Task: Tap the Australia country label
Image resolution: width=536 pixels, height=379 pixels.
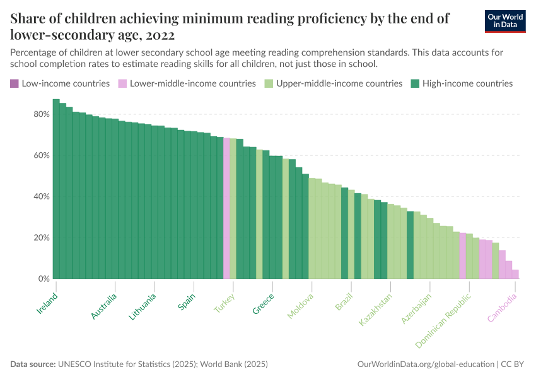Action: point(104,306)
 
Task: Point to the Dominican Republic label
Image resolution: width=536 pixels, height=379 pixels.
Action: point(443,321)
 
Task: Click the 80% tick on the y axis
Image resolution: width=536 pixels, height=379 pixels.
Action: point(42,114)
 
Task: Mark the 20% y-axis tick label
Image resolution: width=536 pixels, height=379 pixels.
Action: point(42,238)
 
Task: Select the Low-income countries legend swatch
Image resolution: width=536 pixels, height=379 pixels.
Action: point(15,83)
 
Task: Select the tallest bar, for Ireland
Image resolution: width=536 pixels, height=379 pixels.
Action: point(56,189)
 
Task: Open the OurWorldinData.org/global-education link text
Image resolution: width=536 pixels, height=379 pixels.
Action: point(425,364)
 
